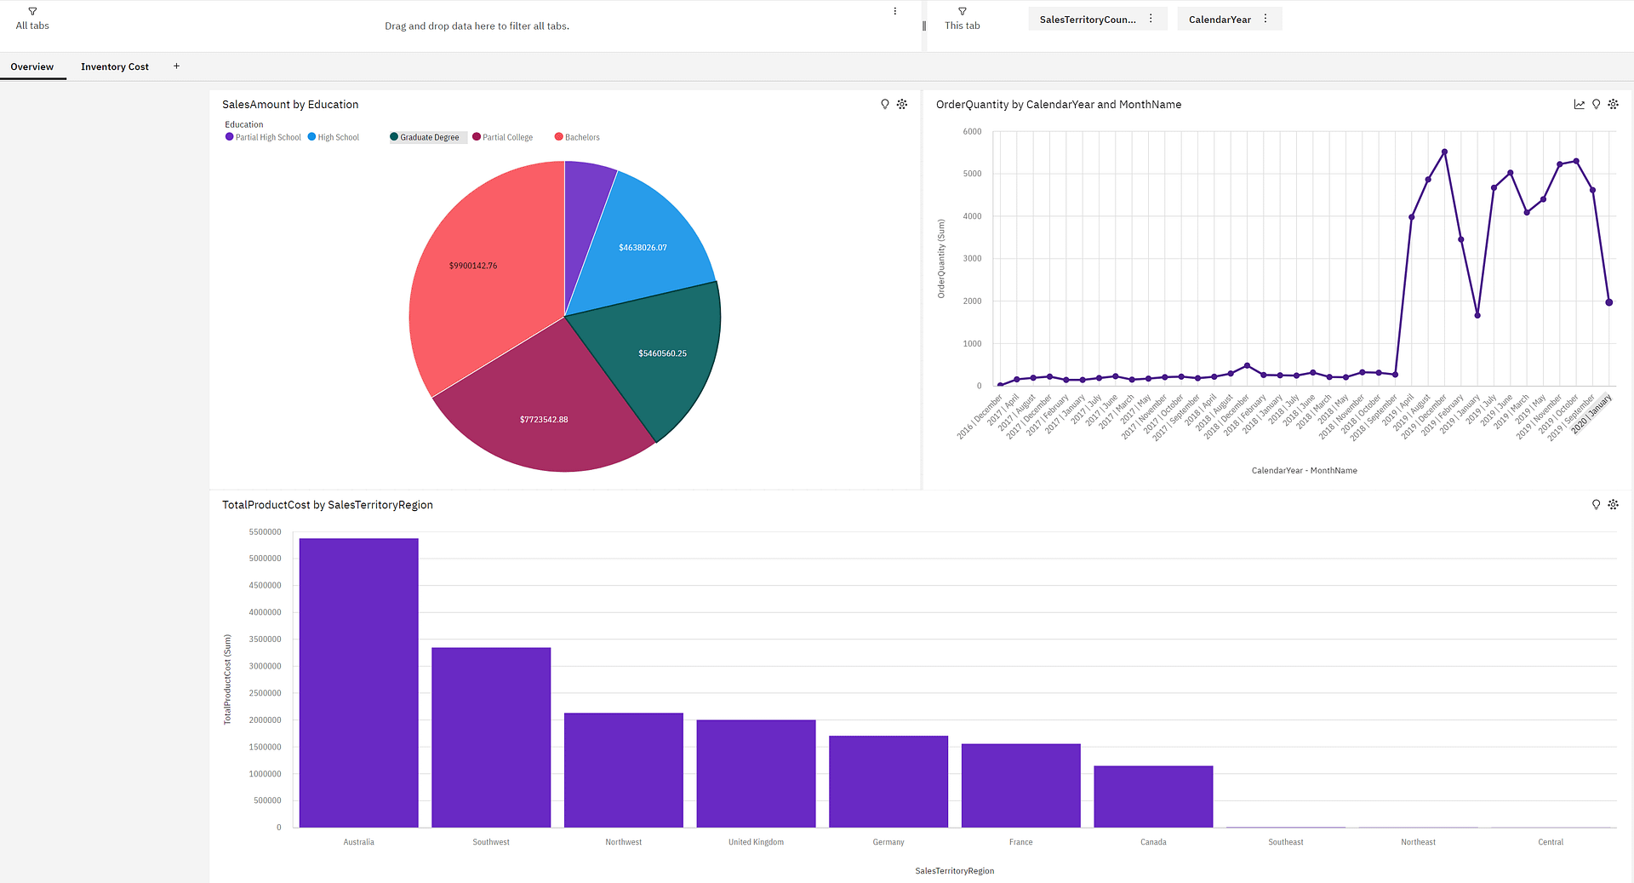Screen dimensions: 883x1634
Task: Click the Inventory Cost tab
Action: [114, 66]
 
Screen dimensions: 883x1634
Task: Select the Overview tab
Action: [32, 66]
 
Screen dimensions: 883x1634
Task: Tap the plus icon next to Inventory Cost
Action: [176, 66]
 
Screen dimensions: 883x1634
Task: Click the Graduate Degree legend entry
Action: [428, 137]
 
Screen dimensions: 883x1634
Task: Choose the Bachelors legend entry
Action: [581, 137]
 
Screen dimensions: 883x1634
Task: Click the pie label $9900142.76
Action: [473, 266]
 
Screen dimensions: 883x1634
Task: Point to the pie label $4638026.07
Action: [643, 248]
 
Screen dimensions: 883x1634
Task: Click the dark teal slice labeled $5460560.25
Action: [662, 353]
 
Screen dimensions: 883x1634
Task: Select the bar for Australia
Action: [358, 681]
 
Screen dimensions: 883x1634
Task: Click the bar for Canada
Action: [1153, 796]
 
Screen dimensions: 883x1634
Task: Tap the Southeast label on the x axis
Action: [1285, 842]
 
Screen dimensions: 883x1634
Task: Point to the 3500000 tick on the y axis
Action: [265, 639]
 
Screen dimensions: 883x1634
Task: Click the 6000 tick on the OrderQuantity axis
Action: [972, 131]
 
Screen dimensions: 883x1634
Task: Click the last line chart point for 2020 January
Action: [1608, 302]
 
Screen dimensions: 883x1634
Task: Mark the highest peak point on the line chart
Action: [1444, 152]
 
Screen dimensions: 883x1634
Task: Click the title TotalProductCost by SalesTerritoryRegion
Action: [328, 505]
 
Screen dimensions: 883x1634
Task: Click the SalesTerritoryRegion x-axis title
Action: [954, 870]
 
